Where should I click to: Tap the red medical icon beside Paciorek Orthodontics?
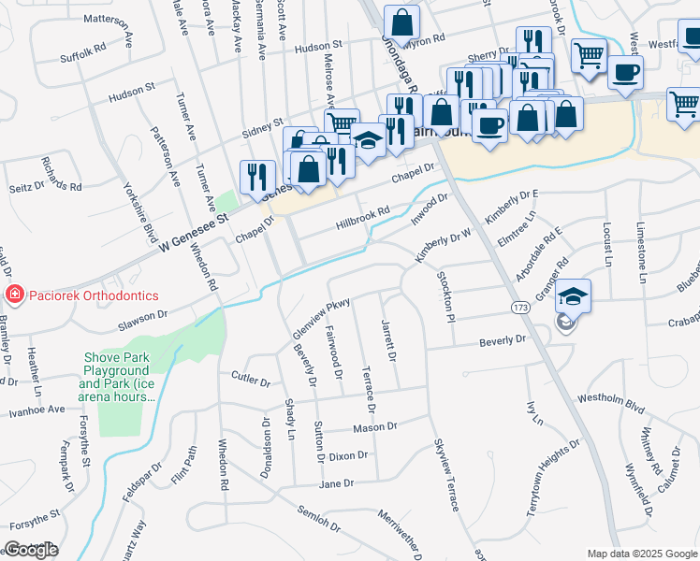click(14, 296)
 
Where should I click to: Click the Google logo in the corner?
click(31, 550)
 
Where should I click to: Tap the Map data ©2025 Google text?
click(642, 554)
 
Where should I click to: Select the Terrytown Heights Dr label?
click(557, 473)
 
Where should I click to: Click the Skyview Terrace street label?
click(445, 474)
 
